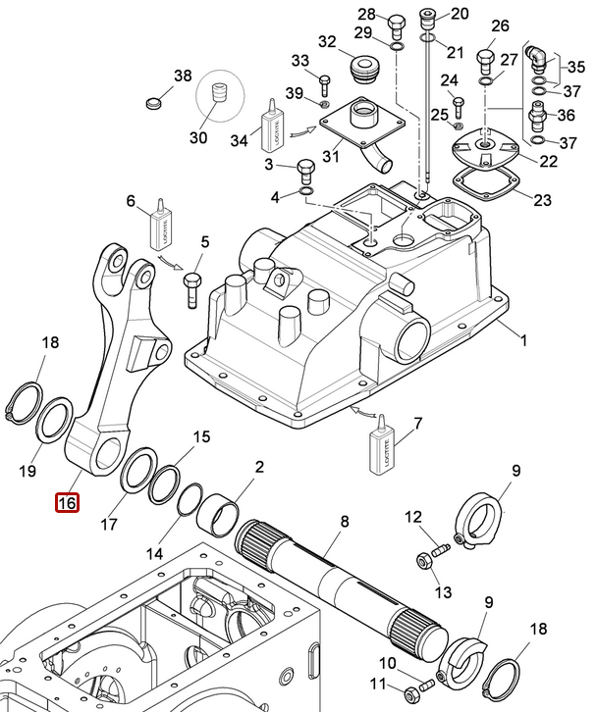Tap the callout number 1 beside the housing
[x=523, y=341]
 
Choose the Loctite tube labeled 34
[x=272, y=127]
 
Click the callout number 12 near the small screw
[x=413, y=517]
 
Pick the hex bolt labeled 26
[x=486, y=61]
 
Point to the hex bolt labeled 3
[x=304, y=171]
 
